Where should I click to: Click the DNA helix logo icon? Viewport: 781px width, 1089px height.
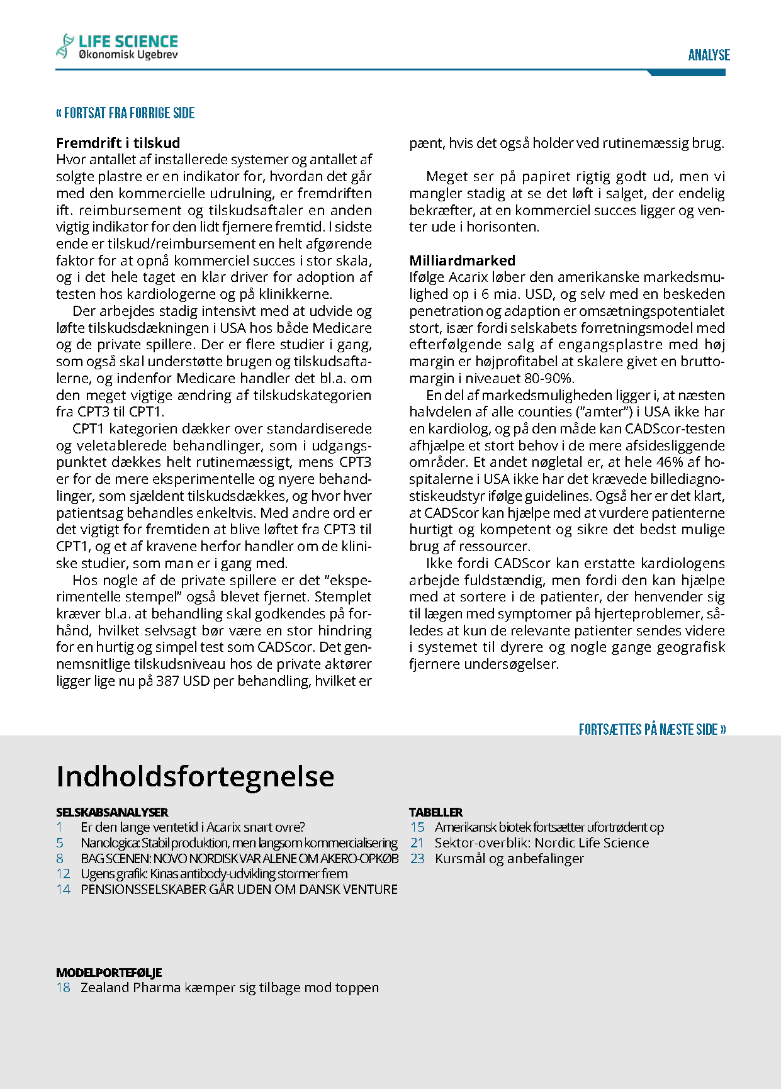(65, 46)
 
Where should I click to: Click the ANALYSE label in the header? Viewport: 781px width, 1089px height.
(709, 55)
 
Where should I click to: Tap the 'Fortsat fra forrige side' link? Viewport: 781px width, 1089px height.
(125, 113)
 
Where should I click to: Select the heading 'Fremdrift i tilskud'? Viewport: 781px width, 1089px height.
(118, 143)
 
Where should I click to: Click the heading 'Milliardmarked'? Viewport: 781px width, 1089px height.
(462, 260)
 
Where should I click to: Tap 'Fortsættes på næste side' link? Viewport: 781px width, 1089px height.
(652, 729)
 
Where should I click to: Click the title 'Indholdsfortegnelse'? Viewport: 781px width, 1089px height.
(195, 776)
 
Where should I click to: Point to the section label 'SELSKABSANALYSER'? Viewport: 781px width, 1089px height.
(112, 812)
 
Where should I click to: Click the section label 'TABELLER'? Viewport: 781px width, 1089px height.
(435, 812)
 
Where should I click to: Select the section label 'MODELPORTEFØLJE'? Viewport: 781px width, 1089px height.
(109, 973)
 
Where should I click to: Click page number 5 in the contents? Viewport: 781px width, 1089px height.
(60, 843)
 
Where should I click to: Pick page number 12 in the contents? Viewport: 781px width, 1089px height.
(63, 874)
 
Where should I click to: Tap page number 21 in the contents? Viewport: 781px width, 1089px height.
(417, 843)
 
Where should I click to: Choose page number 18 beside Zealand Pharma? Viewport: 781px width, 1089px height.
(63, 988)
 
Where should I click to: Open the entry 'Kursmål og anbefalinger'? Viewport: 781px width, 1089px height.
(509, 859)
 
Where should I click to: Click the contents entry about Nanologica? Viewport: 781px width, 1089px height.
(239, 843)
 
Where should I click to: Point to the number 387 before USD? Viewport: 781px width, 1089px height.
(167, 681)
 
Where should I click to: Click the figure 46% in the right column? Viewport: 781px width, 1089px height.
(670, 462)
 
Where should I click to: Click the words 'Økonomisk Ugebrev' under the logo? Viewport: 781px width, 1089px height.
(128, 55)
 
